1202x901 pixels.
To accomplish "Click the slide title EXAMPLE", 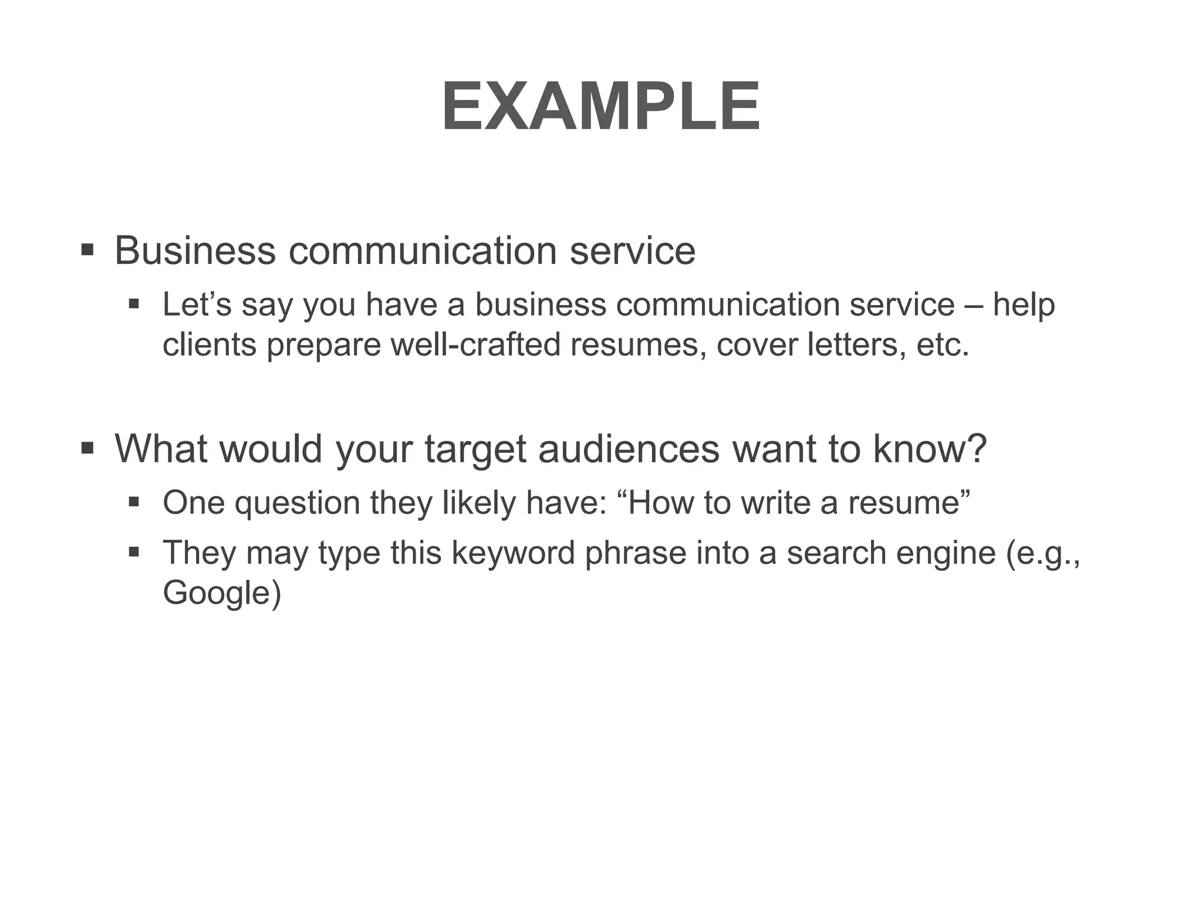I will click(x=600, y=107).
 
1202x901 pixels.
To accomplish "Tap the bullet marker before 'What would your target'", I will click(x=87, y=449).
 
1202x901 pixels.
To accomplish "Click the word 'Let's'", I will click(x=197, y=305).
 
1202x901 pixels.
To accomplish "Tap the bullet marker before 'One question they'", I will click(x=134, y=503).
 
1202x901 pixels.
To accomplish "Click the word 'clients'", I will click(x=209, y=344).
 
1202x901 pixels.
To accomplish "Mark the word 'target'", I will click(x=475, y=450).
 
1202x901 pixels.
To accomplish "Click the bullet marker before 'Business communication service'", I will click(x=87, y=250).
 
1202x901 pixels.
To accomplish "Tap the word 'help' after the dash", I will click(x=1024, y=305).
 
